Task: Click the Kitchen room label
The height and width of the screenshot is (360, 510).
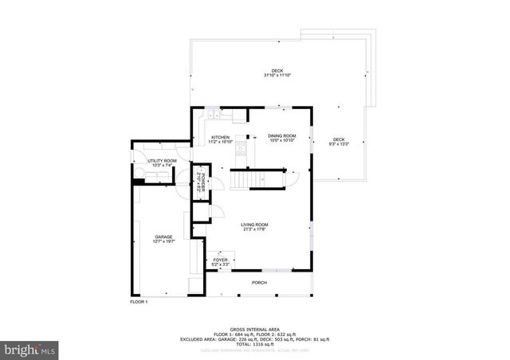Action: tap(221, 136)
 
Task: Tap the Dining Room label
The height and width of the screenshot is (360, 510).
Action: tap(282, 136)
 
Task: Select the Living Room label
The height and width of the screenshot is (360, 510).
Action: tap(255, 225)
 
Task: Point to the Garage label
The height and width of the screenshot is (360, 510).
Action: tap(164, 237)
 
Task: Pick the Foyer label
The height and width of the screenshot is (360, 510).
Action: tap(221, 259)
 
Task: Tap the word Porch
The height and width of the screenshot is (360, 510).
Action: tap(259, 283)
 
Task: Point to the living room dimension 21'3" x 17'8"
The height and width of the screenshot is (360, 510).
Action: tap(255, 229)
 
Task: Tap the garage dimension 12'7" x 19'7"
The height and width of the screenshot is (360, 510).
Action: tap(164, 241)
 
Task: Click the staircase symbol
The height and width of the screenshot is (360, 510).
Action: tap(257, 179)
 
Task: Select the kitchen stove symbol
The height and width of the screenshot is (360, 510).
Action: tap(240, 147)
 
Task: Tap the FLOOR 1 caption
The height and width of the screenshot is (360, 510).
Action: tap(139, 302)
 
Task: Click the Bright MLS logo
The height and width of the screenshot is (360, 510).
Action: tap(30, 349)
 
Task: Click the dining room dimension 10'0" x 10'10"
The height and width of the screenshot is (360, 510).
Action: tap(282, 141)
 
